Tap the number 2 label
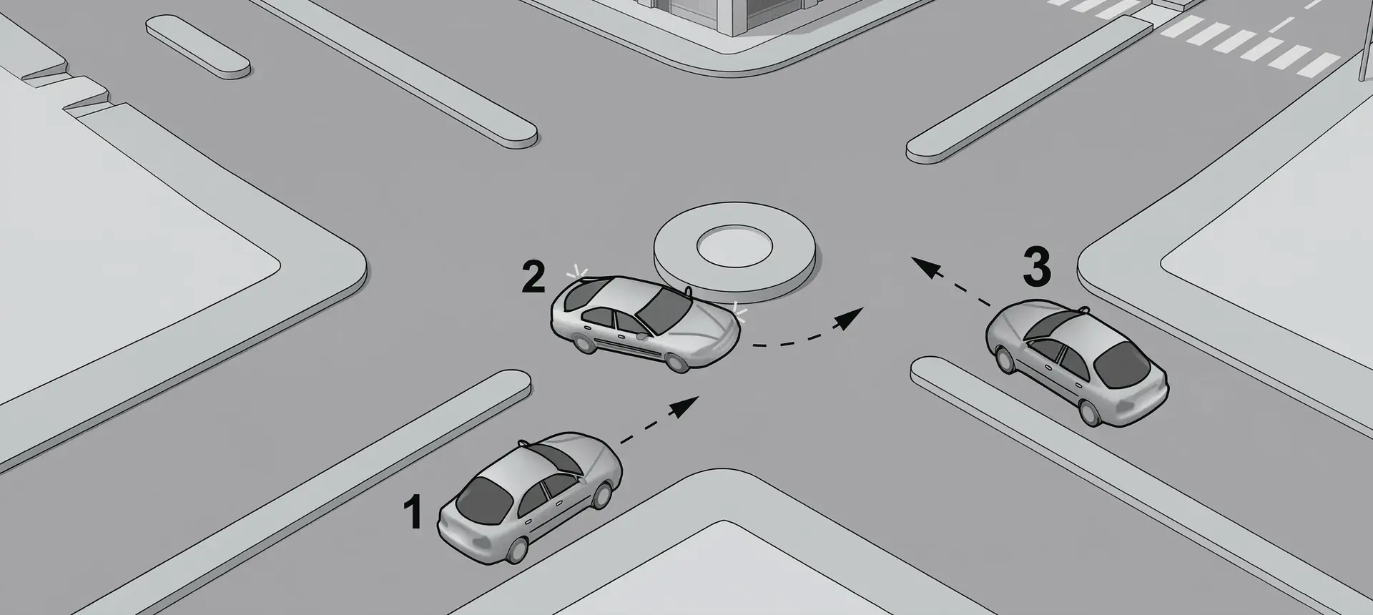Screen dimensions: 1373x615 point(533,277)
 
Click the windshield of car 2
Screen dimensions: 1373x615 point(664,305)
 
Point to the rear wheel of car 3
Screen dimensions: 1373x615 point(1091,413)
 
